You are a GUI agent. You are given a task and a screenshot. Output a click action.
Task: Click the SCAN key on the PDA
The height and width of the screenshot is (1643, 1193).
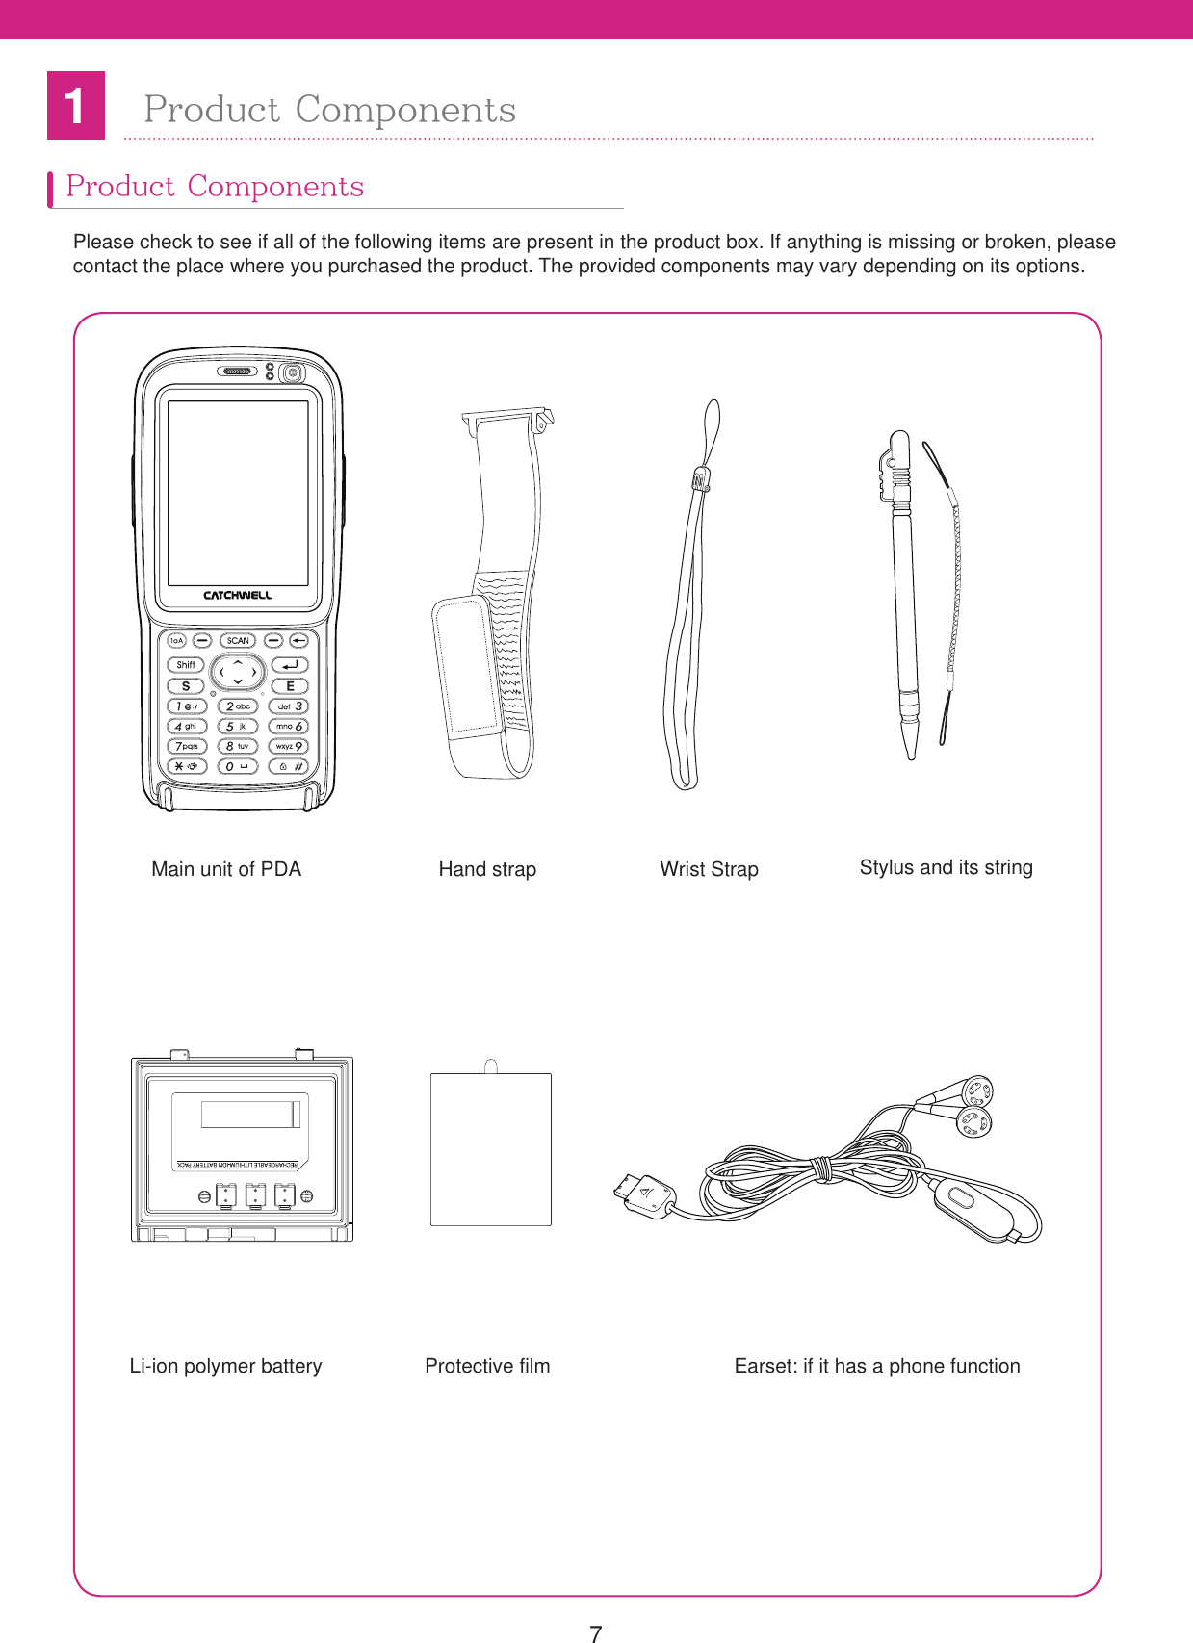pos(238,640)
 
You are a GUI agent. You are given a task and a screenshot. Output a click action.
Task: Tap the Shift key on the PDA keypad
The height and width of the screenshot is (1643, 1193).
pos(186,664)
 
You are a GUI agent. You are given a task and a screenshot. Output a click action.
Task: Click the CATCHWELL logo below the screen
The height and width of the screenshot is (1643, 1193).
pos(238,595)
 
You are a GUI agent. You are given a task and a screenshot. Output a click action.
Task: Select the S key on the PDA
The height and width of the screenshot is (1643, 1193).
pos(186,685)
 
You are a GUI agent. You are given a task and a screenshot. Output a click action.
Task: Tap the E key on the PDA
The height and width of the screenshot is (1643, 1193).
pos(290,685)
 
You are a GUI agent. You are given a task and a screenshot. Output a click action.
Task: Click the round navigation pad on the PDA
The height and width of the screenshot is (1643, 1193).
pos(238,672)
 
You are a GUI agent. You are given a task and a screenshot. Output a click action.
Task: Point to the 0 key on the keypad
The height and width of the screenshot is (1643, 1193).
pos(237,766)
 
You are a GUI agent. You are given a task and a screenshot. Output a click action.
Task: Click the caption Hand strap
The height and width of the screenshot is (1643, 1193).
pos(487,869)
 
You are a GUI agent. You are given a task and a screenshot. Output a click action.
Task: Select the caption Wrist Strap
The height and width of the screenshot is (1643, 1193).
pos(709,869)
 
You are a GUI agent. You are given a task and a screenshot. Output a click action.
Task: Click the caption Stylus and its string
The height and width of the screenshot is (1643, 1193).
pos(946,867)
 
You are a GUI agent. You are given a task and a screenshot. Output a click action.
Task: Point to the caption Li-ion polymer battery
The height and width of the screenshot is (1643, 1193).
pos(225,1366)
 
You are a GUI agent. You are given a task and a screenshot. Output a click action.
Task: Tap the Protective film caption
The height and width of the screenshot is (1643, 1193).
pos(487,1366)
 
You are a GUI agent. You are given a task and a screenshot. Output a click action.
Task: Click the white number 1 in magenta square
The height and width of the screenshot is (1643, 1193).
pos(75,106)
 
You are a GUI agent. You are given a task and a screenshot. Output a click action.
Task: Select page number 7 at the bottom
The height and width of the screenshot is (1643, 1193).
pos(596,1632)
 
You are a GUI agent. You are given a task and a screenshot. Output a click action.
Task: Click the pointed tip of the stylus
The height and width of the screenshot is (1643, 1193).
pos(911,753)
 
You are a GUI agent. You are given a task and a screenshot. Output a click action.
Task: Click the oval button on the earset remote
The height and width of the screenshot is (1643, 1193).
pos(960,1197)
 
